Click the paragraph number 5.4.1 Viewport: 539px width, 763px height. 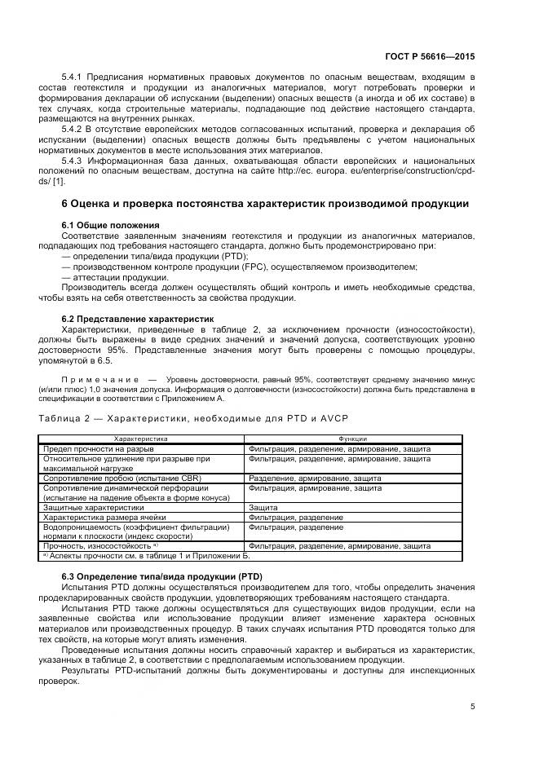coord(74,77)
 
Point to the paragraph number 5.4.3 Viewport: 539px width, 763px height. coord(74,161)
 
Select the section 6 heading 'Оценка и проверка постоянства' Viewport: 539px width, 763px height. coord(265,202)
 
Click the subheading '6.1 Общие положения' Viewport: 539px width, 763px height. coord(110,224)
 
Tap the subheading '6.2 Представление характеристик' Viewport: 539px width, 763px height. coord(137,319)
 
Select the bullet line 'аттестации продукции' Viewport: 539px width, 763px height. coord(115,277)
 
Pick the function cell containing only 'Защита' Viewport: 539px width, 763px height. coord(263,507)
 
